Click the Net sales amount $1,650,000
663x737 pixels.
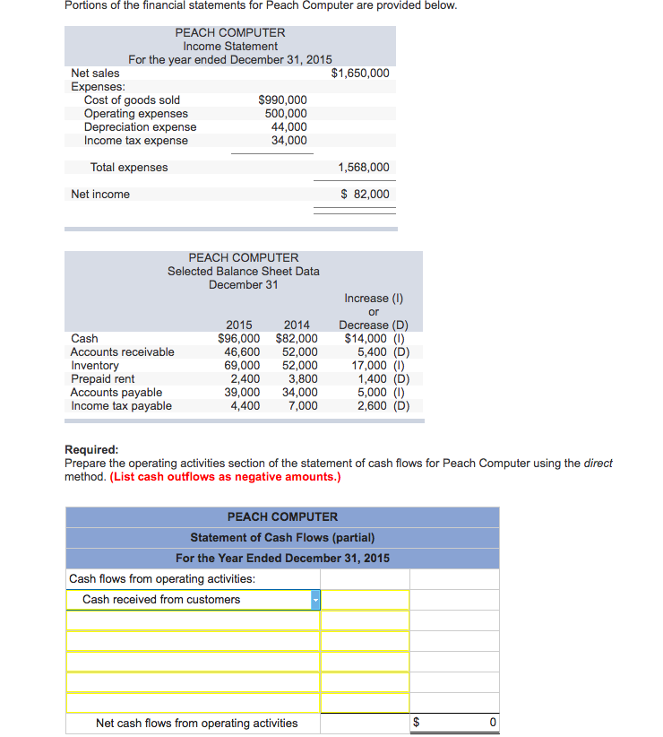360,73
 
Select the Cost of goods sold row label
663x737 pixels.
132,100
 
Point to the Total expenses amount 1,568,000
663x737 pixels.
363,168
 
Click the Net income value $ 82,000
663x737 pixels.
365,195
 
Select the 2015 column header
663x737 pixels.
238,325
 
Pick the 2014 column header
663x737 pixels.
297,325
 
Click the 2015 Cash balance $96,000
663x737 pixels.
239,339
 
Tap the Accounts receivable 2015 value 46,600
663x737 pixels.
242,352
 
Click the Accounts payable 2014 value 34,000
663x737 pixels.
299,393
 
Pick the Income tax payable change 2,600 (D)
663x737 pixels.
383,406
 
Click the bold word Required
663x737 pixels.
91,450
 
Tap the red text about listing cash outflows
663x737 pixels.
225,476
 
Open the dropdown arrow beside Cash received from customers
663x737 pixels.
315,600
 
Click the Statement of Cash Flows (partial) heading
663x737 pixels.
282,538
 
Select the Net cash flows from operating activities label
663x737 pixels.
196,724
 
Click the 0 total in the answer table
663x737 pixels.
492,724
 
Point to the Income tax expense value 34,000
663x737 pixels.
288,141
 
